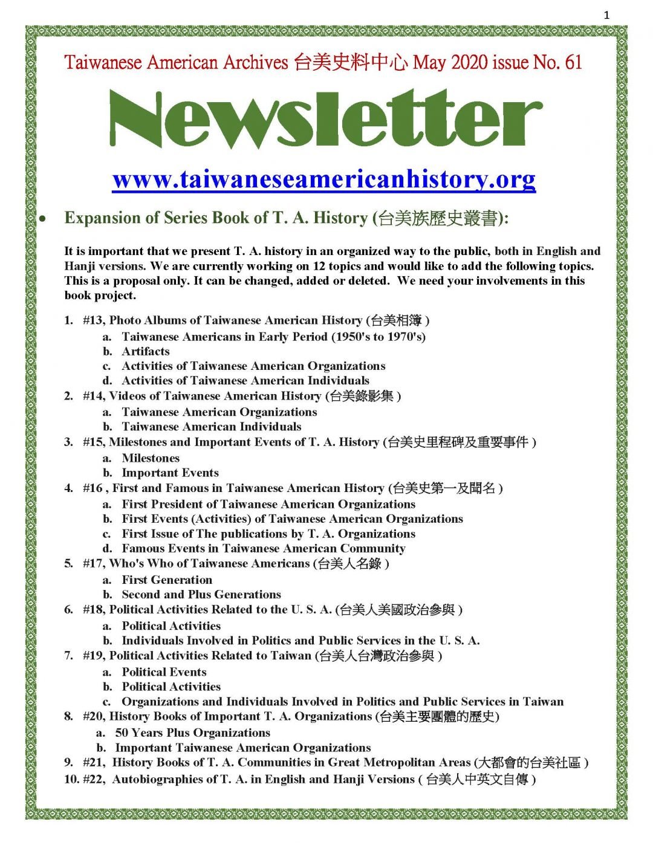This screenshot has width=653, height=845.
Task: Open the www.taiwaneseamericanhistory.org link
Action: click(324, 180)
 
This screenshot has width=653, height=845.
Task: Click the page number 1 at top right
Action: click(606, 16)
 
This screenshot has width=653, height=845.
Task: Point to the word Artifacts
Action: click(146, 351)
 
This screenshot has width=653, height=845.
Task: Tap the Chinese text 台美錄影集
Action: click(362, 396)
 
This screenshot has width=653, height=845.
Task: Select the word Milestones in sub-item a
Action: click(151, 458)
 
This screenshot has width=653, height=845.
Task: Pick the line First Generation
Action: click(167, 580)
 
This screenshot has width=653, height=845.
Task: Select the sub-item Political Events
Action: click(164, 672)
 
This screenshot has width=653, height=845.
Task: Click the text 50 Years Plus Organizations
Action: click(192, 733)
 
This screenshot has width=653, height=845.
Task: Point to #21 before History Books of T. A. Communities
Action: click(93, 762)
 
